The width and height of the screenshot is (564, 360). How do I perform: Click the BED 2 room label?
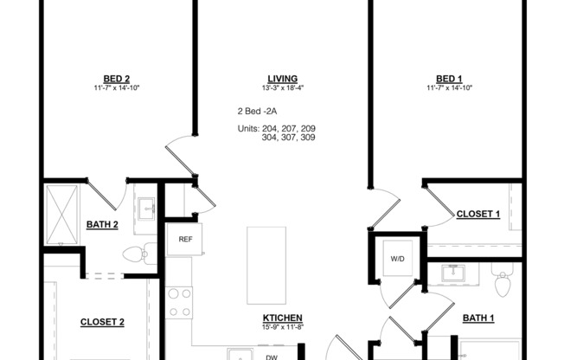click(116, 78)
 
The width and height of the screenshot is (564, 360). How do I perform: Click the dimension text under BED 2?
click(116, 87)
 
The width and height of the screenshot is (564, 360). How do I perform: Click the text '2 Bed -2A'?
click(257, 112)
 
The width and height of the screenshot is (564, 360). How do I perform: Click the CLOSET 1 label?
click(477, 214)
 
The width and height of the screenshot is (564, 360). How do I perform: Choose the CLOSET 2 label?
click(102, 322)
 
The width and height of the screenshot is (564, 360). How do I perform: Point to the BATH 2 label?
click(102, 225)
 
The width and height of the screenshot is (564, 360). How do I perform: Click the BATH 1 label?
click(477, 318)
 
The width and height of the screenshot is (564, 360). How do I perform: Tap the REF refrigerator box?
click(185, 240)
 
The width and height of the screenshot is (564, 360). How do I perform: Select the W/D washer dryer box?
click(398, 257)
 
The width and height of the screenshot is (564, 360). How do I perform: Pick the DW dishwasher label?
click(271, 355)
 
